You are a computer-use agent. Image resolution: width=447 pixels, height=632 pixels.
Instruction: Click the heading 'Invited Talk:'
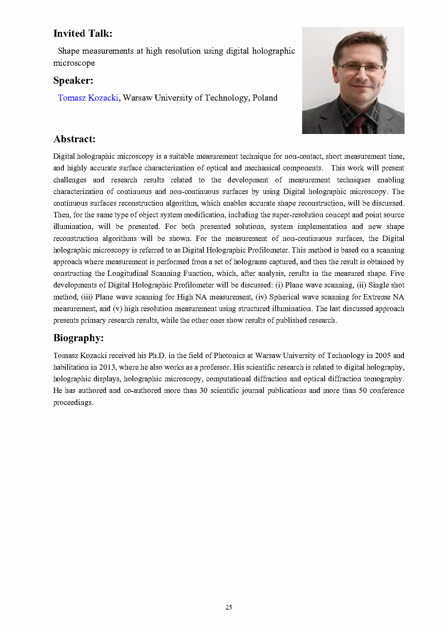[x=83, y=34]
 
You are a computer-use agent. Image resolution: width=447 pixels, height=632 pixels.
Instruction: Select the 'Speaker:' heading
[x=73, y=81]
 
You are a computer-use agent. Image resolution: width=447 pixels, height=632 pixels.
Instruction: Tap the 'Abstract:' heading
[x=74, y=139]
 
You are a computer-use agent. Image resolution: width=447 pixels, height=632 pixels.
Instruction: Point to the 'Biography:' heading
[x=79, y=338]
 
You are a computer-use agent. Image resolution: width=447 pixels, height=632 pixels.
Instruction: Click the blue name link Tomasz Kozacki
[x=88, y=98]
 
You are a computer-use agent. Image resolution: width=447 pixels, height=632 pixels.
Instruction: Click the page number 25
[x=229, y=607]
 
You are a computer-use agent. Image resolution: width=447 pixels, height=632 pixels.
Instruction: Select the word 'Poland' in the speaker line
[x=265, y=98]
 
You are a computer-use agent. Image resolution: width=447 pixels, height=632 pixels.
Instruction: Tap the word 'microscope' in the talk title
[x=74, y=63]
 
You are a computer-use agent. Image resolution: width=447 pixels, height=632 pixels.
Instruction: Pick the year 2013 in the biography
[x=107, y=367]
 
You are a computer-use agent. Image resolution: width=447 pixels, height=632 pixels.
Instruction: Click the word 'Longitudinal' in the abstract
[x=128, y=274]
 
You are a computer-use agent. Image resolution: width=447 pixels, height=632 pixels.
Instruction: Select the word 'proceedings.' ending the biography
[x=73, y=403]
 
